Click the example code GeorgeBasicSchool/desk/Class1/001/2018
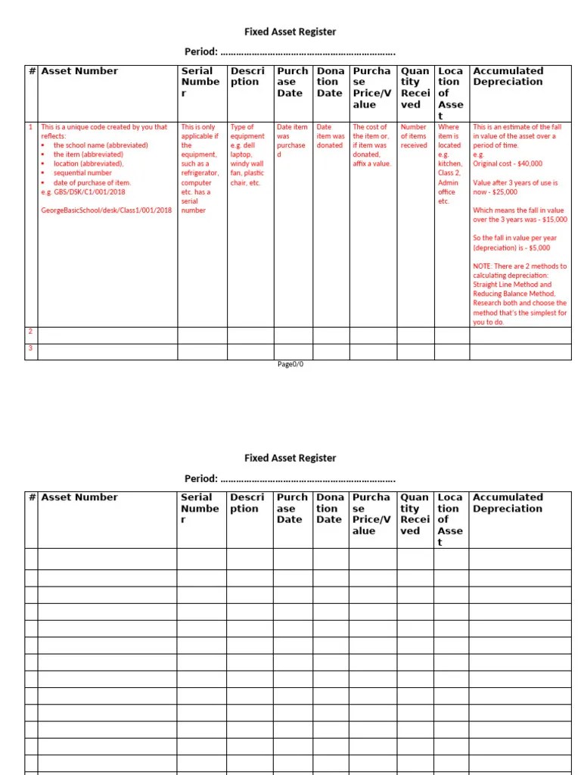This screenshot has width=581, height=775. pyautogui.click(x=106, y=210)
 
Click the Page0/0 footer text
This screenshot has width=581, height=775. pyautogui.click(x=290, y=364)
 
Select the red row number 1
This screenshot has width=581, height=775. pyautogui.click(x=30, y=127)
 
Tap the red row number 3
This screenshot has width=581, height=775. pyautogui.click(x=30, y=348)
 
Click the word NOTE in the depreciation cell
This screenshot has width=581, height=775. pyautogui.click(x=482, y=266)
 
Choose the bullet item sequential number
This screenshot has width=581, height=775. pyautogui.click(x=82, y=173)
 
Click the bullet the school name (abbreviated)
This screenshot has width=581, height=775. pyautogui.click(x=101, y=145)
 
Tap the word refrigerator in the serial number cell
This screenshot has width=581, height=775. pyautogui.click(x=200, y=173)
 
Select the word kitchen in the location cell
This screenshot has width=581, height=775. pyautogui.click(x=449, y=163)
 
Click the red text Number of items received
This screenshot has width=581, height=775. pyautogui.click(x=414, y=136)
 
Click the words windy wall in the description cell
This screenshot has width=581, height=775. pyautogui.click(x=247, y=163)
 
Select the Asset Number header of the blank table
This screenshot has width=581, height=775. pyautogui.click(x=79, y=497)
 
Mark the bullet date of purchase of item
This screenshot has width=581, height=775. pyautogui.click(x=92, y=182)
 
